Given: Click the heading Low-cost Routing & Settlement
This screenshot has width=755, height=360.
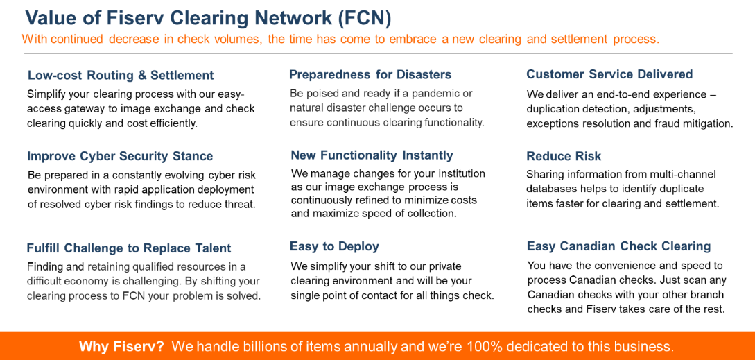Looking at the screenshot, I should (121, 75).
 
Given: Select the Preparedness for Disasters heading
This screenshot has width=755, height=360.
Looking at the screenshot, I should (370, 74).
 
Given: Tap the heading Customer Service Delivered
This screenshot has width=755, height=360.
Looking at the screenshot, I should (609, 74).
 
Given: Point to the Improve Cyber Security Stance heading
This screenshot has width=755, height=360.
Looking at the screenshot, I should (120, 156).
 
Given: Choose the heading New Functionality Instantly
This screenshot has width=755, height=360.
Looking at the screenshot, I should (372, 155).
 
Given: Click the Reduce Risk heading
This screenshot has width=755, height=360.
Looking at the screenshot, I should (564, 156).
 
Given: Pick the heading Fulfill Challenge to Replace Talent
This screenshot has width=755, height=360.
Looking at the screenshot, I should (129, 248).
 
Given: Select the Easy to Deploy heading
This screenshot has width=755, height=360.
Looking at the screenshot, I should (334, 246).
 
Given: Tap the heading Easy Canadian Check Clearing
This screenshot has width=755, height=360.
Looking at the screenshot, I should (618, 246).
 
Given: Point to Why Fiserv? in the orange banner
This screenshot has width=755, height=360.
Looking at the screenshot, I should (121, 346).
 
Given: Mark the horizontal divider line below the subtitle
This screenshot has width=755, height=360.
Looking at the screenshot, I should (378, 53).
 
